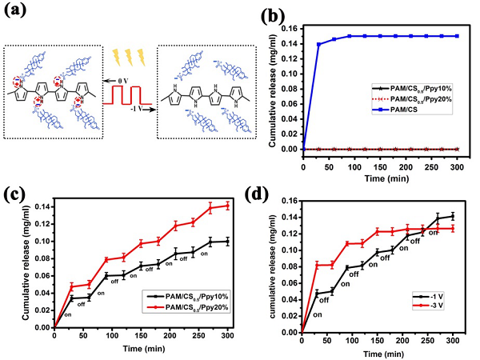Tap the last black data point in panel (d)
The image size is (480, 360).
click(x=453, y=216)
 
